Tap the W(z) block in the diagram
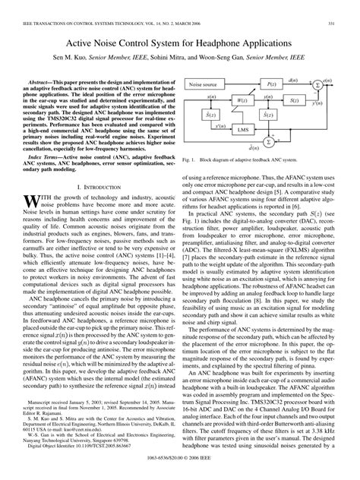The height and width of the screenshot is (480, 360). click(x=242, y=99)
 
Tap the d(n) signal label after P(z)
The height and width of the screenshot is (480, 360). click(x=293, y=79)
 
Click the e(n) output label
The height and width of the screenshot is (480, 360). click(x=327, y=80)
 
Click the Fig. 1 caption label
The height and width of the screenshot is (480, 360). click(x=190, y=161)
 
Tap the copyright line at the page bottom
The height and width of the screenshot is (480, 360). click(x=179, y=461)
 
